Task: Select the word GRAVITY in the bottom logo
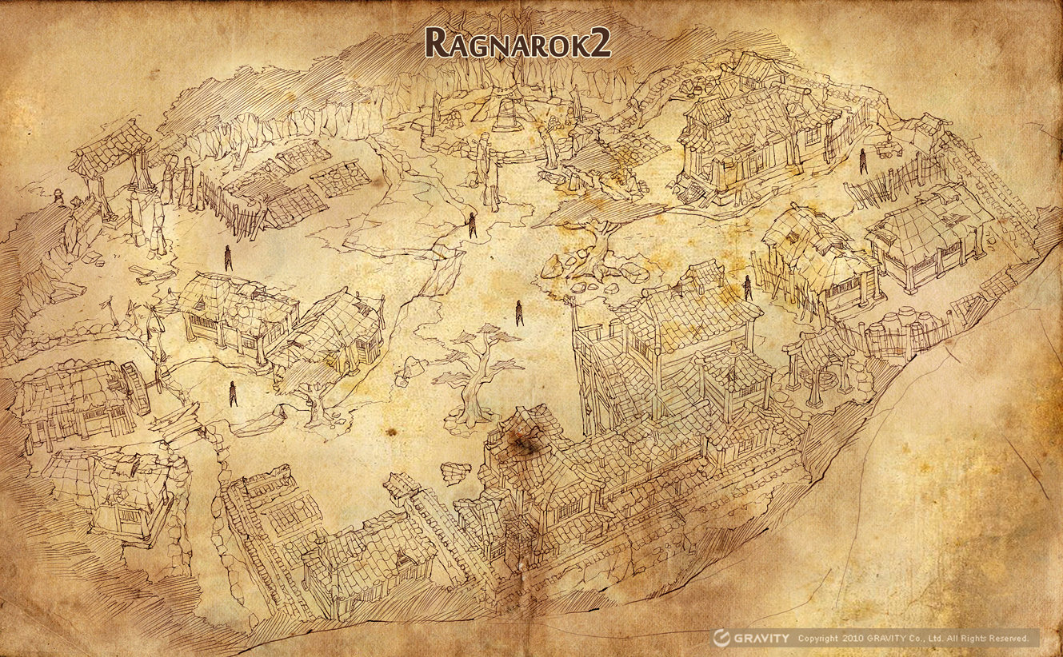[x=762, y=638]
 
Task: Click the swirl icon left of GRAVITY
[x=722, y=638]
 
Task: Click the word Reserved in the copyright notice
[x=1009, y=639]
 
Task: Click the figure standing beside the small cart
[x=864, y=161]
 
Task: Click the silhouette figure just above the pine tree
[x=519, y=312]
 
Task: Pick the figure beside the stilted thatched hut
[x=748, y=288]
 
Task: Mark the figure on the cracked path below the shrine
[x=472, y=225]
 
